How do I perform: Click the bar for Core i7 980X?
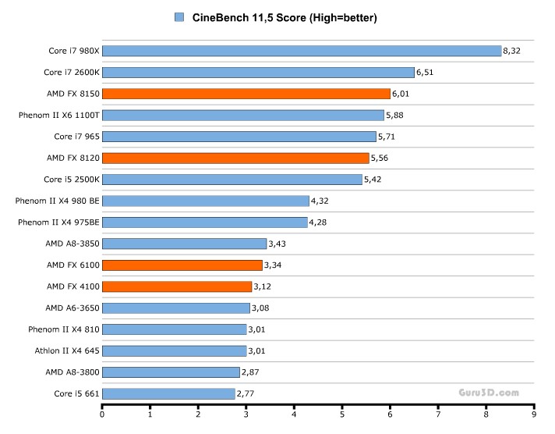[302, 51]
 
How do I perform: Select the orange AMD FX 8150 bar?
[246, 94]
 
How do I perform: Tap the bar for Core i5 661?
[168, 393]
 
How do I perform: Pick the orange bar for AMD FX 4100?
[177, 286]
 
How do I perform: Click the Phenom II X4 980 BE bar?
[206, 201]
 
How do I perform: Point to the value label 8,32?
[512, 51]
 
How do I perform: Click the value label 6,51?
[425, 73]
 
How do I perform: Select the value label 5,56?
[380, 158]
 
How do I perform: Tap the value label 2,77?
[246, 393]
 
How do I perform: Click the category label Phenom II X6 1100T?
[59, 115]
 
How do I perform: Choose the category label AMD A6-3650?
[72, 308]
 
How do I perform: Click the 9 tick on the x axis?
[534, 415]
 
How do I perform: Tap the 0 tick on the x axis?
[102, 415]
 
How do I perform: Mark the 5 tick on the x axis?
[342, 415]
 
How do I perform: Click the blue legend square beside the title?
[180, 17]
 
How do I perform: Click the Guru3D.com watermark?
[487, 393]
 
